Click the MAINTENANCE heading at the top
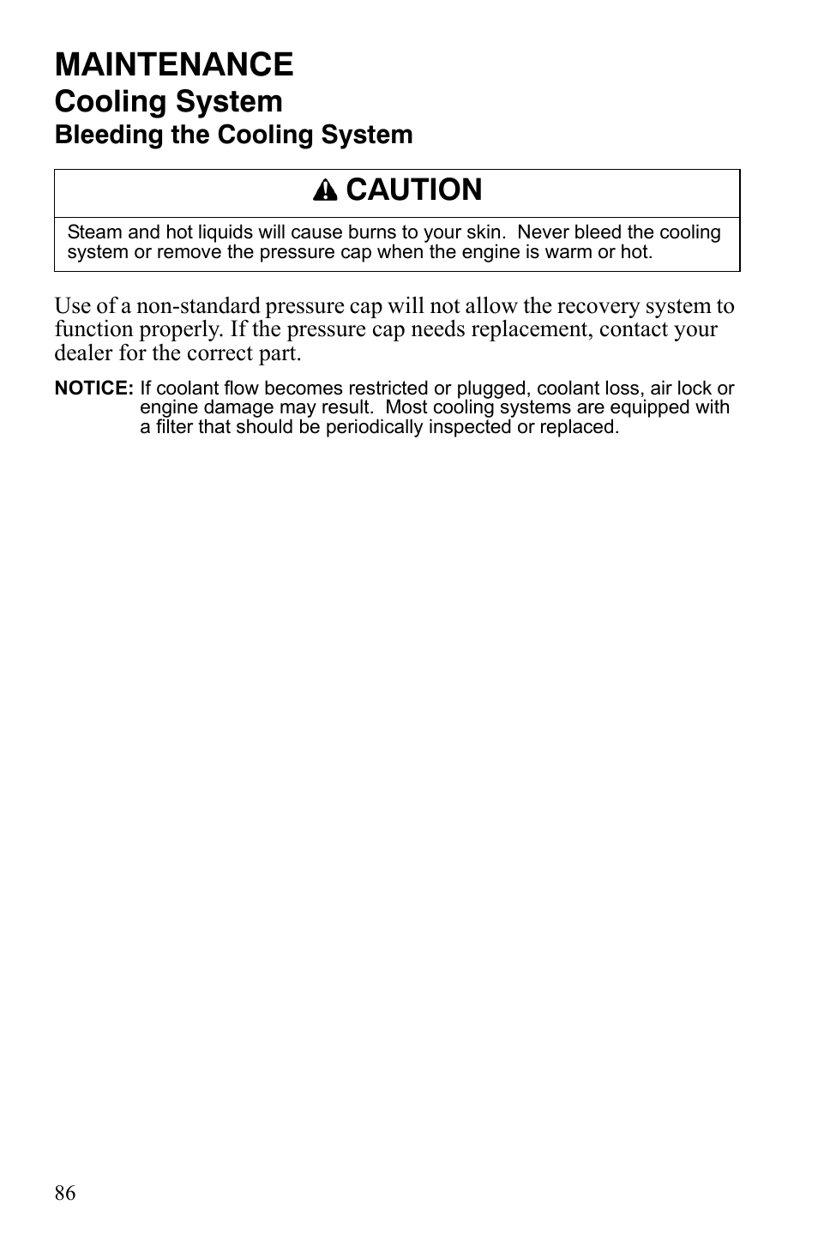tap(174, 64)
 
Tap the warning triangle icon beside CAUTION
tap(325, 191)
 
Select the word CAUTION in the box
tap(414, 190)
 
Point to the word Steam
tap(94, 232)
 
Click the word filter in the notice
tap(171, 427)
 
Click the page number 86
tap(65, 1193)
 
